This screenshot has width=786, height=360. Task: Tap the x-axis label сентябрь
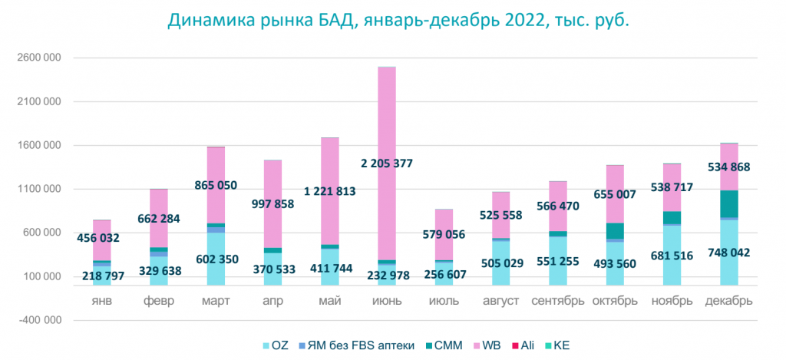[560, 301]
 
